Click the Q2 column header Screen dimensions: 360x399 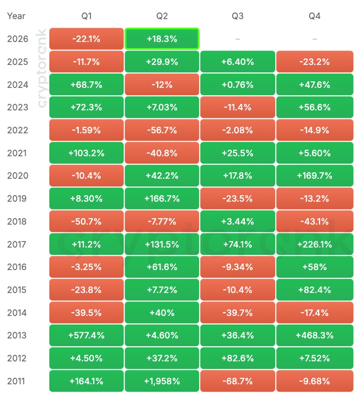pos(162,16)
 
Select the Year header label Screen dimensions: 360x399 pos(16,16)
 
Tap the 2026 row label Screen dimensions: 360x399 pos(18,39)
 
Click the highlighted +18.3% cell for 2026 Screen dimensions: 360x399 pos(162,39)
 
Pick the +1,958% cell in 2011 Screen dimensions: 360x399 pos(162,381)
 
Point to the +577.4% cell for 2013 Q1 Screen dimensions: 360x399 pos(87,335)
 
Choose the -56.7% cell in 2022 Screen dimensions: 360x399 pos(162,130)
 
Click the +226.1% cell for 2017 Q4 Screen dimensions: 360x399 pos(315,244)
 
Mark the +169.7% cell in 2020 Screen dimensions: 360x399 pos(315,176)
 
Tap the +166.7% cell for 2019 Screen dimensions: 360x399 pos(162,199)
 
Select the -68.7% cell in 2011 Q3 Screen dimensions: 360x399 pos(238,381)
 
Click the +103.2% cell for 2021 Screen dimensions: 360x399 pos(87,153)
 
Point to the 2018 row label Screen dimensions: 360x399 pos(17,222)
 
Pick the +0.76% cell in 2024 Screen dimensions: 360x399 pos(238,84)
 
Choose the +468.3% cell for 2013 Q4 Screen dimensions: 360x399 pos(315,335)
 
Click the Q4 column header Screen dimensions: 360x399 pos(315,16)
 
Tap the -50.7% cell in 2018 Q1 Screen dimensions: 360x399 pos(87,222)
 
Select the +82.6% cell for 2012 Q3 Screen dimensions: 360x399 pos(238,358)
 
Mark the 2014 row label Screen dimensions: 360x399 pos(17,313)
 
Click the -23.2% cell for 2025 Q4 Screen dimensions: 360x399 pos(315,61)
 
